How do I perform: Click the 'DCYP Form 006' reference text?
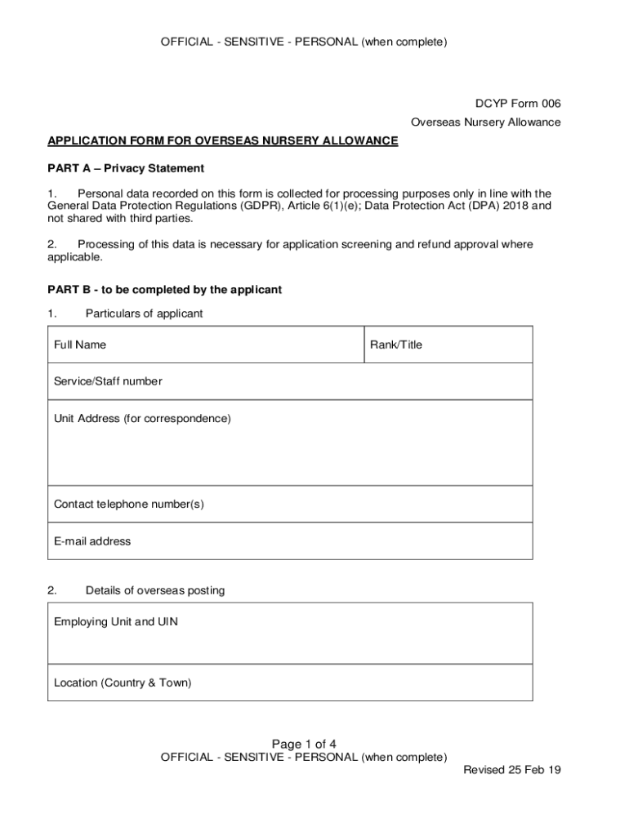click(518, 104)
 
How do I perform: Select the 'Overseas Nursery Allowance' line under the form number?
click(485, 122)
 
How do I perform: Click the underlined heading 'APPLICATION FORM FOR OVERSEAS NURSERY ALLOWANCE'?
click(222, 141)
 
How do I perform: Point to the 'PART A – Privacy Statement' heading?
click(126, 169)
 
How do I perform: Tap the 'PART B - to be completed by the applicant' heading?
click(164, 290)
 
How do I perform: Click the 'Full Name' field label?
click(80, 345)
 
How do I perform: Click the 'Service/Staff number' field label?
click(108, 381)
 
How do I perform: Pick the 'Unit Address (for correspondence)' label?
click(142, 419)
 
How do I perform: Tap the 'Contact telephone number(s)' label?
click(129, 505)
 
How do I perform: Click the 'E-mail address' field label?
click(92, 541)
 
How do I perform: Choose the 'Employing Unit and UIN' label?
click(116, 622)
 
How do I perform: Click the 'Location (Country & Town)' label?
click(123, 683)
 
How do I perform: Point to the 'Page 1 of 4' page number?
click(304, 744)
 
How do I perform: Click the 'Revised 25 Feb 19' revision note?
click(511, 770)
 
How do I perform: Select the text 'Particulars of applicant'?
click(144, 314)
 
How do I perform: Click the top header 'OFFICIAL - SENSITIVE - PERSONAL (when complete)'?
click(304, 42)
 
